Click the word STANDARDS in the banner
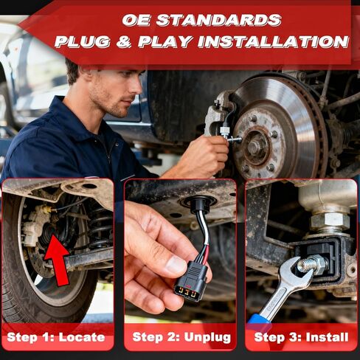pyautogui.click(x=221, y=19)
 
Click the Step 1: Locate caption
pyautogui.click(x=56, y=338)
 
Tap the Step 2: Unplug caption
pyautogui.click(x=181, y=338)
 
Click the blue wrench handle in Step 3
pyautogui.click(x=257, y=319)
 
